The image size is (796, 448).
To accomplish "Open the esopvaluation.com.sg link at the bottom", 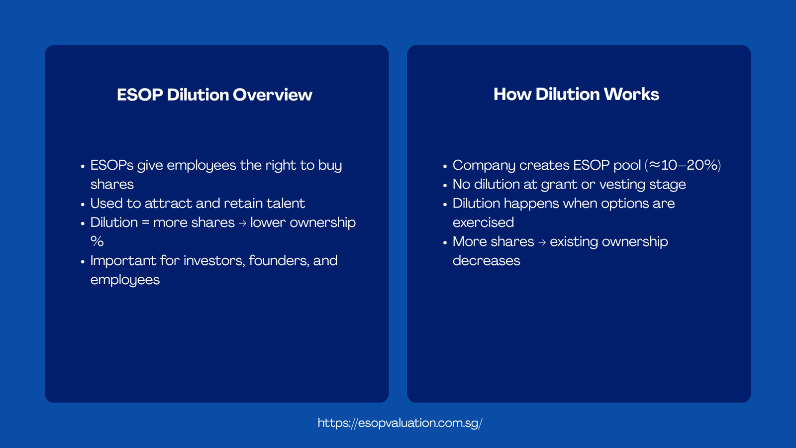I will point(399,423).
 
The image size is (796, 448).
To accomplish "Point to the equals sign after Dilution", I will point(145,223).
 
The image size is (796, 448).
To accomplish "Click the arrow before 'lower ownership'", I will point(242,223).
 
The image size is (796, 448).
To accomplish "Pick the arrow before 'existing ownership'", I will point(542,242).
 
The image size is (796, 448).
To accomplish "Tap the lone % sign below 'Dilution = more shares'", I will point(97,241).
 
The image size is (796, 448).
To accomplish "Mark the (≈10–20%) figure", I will point(683,165).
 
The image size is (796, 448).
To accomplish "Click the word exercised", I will point(483,223).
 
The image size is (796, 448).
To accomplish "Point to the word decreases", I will point(486,260).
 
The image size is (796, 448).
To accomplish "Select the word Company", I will point(484,165).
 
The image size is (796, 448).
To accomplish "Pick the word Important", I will point(123,260).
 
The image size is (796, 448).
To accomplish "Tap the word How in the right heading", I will point(512,94).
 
